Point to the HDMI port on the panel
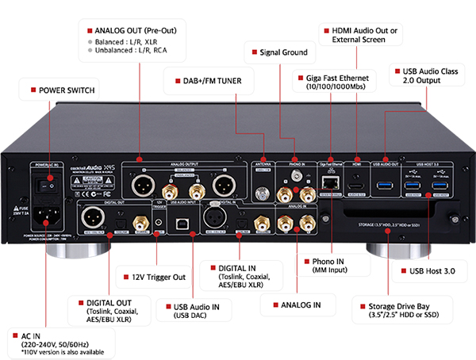(356, 184)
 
